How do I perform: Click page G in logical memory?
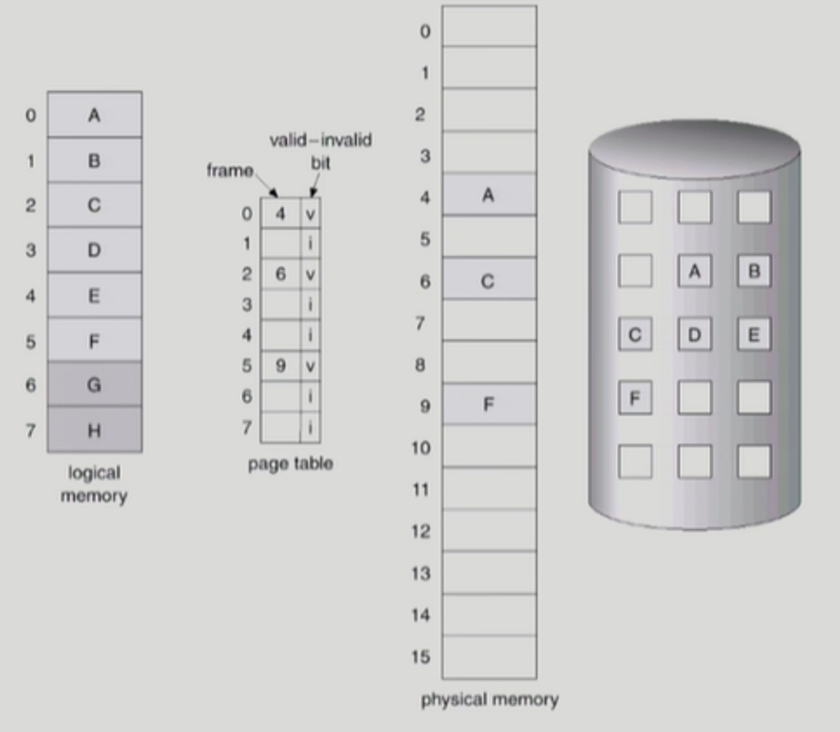[94, 384]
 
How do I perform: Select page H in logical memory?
[94, 430]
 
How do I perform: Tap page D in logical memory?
[94, 250]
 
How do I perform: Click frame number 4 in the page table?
[280, 213]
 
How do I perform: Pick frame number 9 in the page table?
[280, 366]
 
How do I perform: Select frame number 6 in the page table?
[280, 274]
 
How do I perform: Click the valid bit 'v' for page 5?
[310, 366]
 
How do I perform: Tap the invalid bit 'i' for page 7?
[310, 428]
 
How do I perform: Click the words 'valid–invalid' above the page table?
[320, 140]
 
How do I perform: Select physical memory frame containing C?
[489, 281]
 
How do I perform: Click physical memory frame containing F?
[489, 404]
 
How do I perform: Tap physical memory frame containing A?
[489, 195]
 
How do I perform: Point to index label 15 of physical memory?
[421, 657]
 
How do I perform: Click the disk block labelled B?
[754, 271]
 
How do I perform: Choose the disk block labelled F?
[635, 398]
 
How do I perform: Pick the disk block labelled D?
[694, 335]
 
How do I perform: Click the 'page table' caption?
[290, 463]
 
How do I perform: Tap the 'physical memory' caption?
[490, 699]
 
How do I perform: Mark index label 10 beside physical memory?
[421, 448]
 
